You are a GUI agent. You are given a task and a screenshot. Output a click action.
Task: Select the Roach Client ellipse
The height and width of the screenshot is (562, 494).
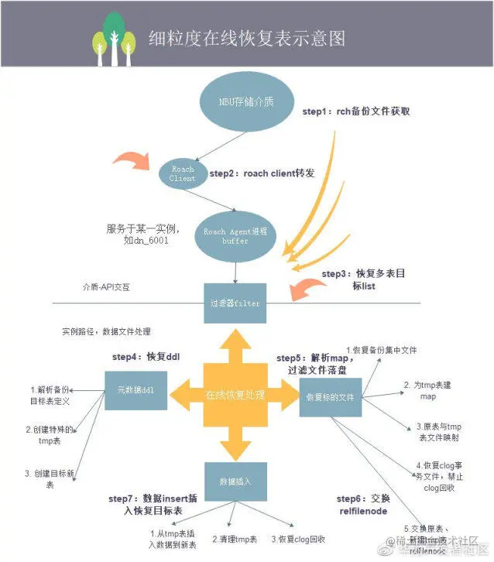[x=183, y=173]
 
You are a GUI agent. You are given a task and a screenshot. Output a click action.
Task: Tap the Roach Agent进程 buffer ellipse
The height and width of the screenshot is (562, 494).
[x=235, y=236]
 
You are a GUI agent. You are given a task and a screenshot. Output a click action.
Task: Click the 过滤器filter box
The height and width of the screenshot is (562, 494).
[x=235, y=303]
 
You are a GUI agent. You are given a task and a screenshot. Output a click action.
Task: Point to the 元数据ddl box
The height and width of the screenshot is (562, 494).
[x=136, y=390]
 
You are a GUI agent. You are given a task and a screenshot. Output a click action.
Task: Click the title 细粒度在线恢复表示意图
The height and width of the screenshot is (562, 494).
[x=247, y=39]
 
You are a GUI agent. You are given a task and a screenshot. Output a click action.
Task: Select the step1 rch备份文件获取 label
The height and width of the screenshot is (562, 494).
[x=355, y=111]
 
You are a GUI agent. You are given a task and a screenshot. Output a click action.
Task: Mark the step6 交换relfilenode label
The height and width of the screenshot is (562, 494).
[x=364, y=505]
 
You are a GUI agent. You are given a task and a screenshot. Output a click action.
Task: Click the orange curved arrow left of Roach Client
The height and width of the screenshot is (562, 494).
[x=132, y=163]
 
